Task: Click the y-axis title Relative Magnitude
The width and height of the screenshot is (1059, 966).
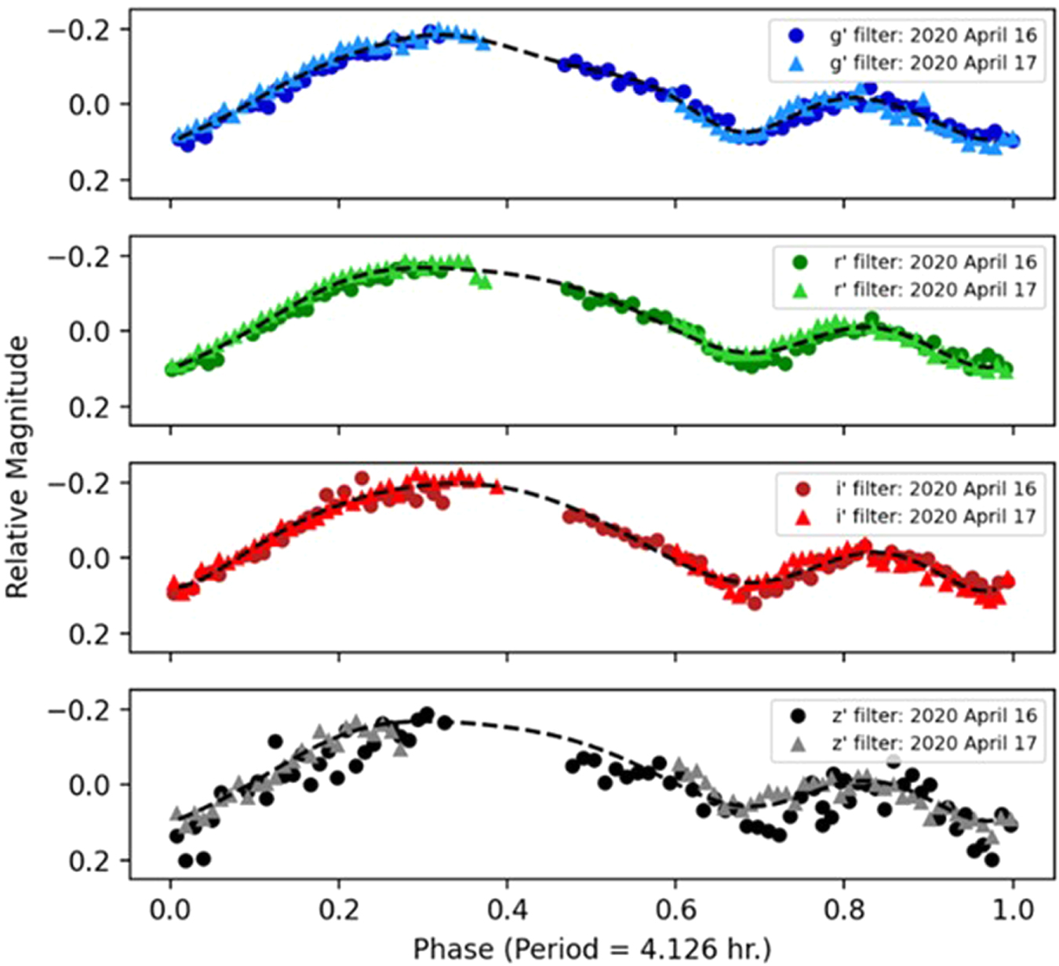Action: click(x=17, y=468)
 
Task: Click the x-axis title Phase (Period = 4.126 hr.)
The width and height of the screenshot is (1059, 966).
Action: click(x=591, y=948)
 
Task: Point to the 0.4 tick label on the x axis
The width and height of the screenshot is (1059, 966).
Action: click(x=507, y=909)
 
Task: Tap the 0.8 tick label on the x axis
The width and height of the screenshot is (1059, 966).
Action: click(x=844, y=909)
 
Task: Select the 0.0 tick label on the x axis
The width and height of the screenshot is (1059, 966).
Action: click(x=170, y=909)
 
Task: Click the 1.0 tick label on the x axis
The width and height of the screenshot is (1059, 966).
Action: click(x=1012, y=909)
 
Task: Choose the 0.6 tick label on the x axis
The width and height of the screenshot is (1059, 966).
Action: click(x=675, y=909)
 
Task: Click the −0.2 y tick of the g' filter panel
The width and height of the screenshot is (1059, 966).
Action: click(x=78, y=30)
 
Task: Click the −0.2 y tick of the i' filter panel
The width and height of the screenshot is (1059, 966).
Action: click(x=78, y=483)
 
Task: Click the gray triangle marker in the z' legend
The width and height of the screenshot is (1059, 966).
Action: click(x=799, y=744)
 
